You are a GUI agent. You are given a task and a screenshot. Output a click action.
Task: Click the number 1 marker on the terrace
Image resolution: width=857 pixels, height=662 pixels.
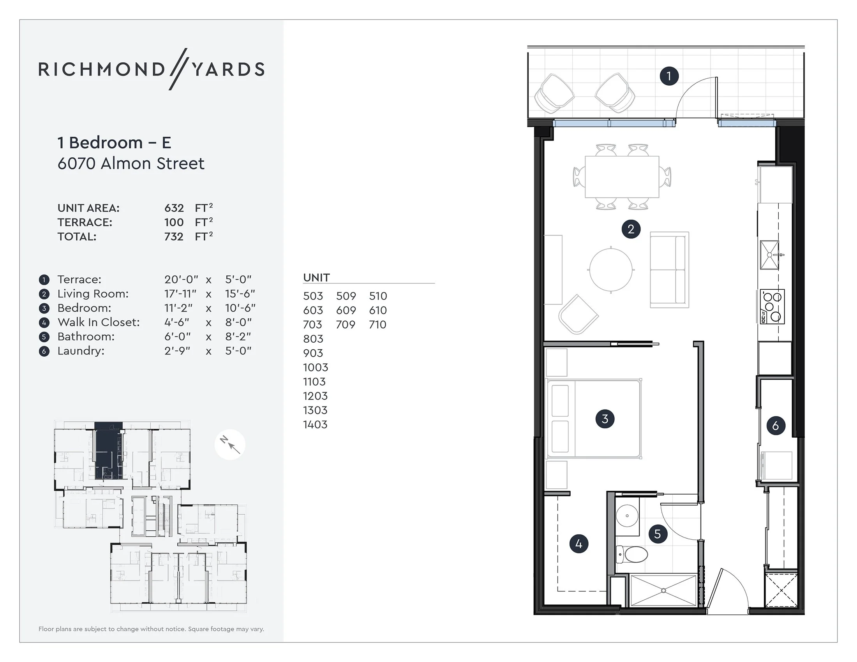669,76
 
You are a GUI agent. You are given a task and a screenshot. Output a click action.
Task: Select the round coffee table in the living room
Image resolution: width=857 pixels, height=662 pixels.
610,270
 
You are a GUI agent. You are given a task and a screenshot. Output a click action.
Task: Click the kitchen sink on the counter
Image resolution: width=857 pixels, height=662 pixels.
769,255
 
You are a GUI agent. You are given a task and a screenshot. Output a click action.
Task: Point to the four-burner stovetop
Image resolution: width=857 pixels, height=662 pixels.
772,307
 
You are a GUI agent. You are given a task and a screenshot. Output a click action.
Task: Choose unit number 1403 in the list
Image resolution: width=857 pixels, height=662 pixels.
315,424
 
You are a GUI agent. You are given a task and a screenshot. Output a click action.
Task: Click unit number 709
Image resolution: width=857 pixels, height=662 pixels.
345,324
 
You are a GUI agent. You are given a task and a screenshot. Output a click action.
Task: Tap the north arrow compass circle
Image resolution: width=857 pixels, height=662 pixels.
230,445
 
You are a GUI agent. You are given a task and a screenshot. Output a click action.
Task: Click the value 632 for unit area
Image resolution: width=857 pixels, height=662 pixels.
174,208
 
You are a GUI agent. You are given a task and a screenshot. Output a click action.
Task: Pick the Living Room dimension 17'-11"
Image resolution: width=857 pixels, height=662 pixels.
180,294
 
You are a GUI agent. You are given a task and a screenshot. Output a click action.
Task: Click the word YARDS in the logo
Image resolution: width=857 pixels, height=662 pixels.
228,69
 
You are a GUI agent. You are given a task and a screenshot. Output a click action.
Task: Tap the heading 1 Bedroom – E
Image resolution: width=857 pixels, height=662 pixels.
114,143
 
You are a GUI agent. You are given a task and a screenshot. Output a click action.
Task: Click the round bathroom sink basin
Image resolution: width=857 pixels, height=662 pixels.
627,516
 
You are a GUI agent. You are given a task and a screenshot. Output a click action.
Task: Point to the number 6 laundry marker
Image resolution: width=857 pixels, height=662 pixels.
775,426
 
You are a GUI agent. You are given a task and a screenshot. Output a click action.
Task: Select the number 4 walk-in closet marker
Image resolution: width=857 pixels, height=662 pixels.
579,544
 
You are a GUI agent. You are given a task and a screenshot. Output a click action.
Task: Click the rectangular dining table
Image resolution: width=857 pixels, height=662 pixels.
622,177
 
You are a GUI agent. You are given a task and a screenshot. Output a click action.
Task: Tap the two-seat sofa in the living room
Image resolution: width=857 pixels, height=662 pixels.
669,270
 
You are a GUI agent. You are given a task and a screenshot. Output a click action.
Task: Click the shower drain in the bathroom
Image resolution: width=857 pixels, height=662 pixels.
663,591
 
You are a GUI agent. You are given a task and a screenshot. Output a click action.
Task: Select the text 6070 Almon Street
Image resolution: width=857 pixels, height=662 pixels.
130,164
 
